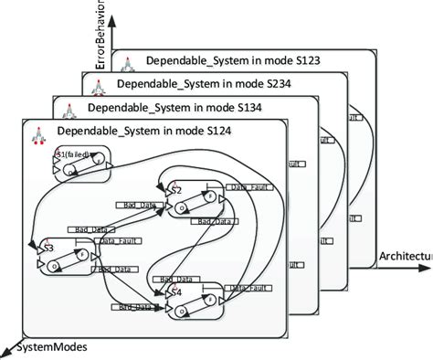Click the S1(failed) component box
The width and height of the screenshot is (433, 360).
[x=82, y=164]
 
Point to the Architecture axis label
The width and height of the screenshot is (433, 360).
[x=405, y=257]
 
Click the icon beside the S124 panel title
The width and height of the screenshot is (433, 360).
[x=38, y=133]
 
